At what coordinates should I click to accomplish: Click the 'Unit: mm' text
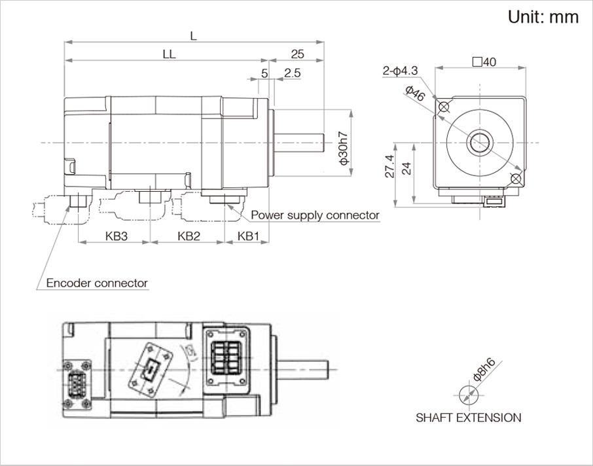(x=543, y=17)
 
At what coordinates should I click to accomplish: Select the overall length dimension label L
(x=193, y=37)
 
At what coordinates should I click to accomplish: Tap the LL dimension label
(x=169, y=55)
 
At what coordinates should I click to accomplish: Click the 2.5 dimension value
(x=292, y=73)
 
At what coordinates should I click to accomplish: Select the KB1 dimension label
(x=249, y=236)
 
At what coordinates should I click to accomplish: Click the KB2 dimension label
(x=188, y=236)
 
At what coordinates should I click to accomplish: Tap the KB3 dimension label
(x=116, y=236)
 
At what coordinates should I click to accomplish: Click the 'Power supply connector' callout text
(x=315, y=215)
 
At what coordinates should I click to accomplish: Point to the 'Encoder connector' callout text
(x=97, y=283)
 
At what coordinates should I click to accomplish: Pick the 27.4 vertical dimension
(x=389, y=167)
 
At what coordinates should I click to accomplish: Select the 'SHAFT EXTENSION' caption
(x=469, y=418)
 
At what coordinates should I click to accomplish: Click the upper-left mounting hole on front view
(x=444, y=107)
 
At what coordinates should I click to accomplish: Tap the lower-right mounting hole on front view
(x=516, y=178)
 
